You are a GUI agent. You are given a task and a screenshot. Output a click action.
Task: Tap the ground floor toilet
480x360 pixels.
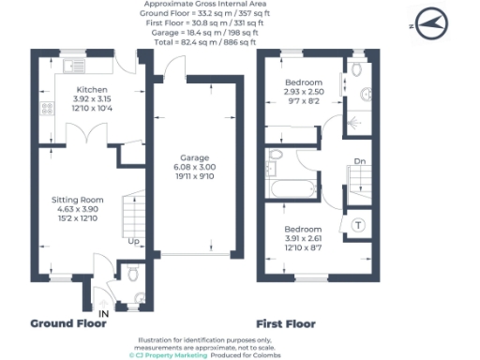coord(133,273)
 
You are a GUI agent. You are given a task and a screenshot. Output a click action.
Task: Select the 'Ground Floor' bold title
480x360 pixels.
coord(67,323)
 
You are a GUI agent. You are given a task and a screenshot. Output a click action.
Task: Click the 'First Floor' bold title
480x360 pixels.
coord(285,323)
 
